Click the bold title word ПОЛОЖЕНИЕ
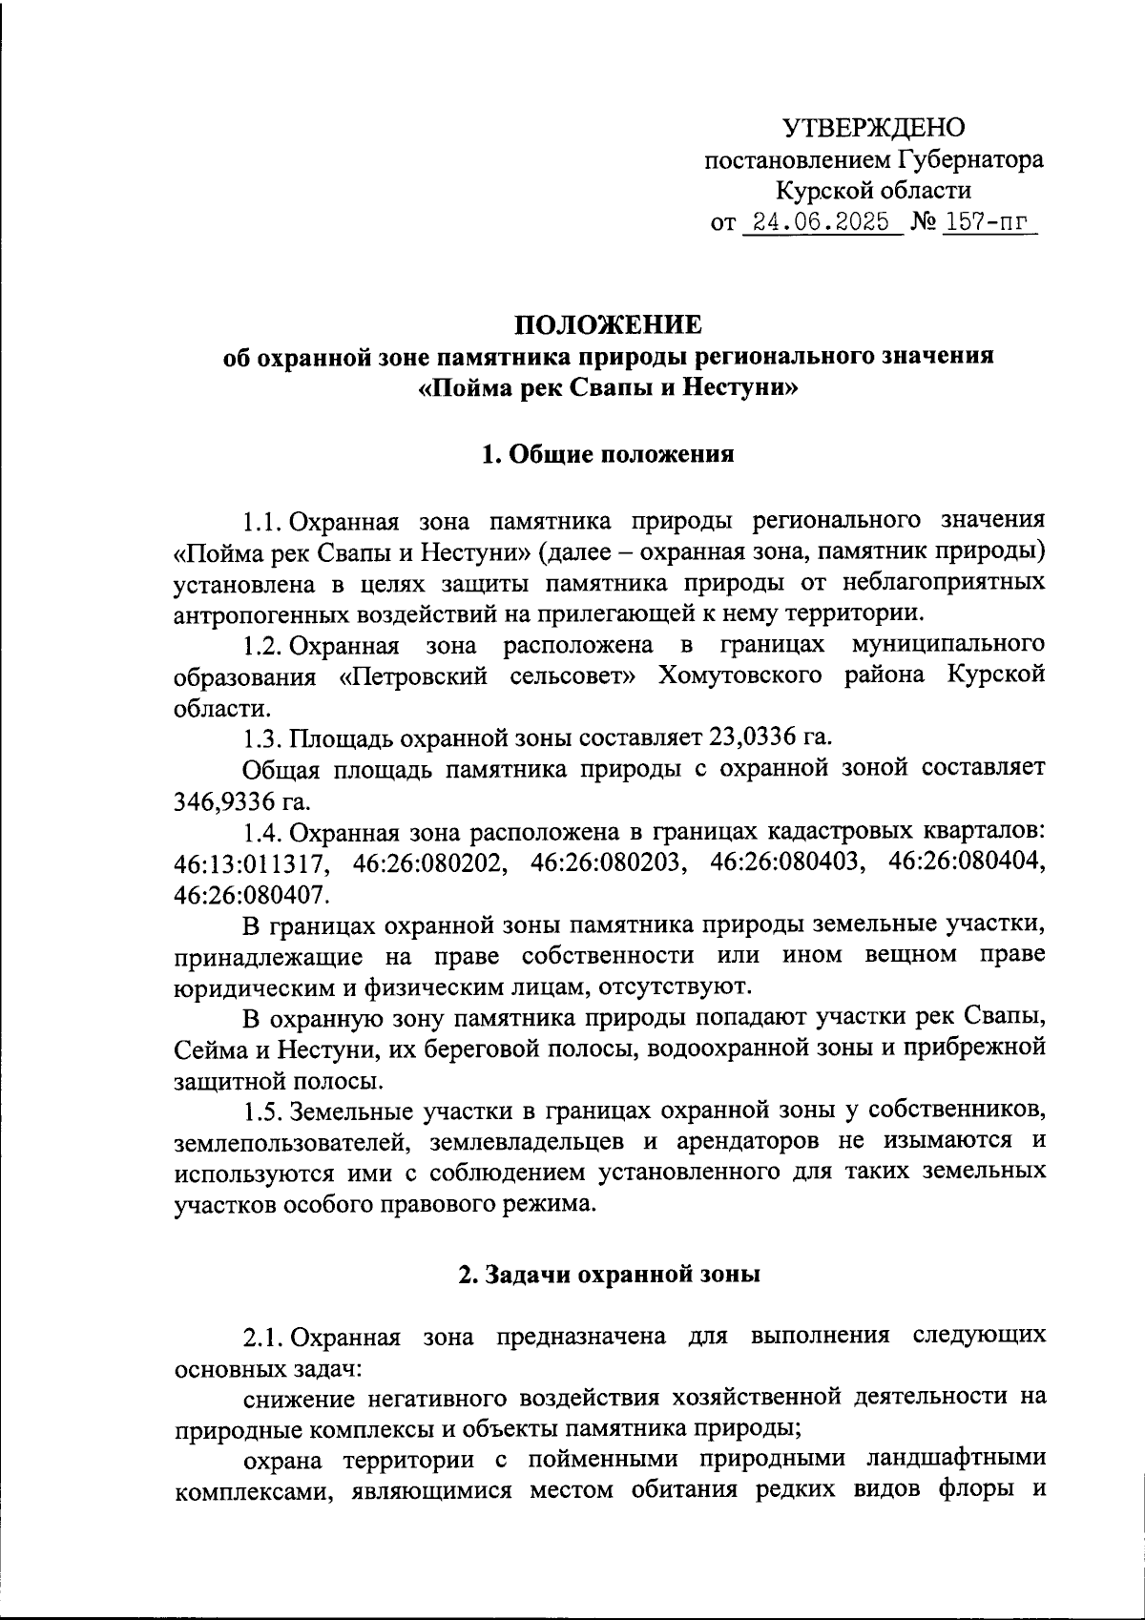tap(608, 325)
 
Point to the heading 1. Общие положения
tap(608, 455)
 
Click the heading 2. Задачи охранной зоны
tap(608, 1276)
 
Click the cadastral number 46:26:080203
tap(608, 862)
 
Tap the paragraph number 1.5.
tap(261, 1111)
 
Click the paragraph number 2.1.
tap(261, 1337)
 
